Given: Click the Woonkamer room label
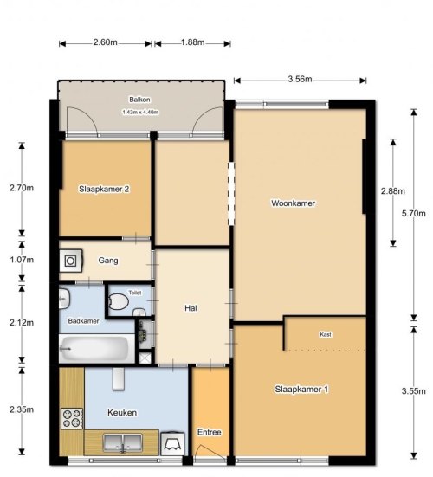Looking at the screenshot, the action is (293, 203).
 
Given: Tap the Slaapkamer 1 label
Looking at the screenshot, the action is (301, 389).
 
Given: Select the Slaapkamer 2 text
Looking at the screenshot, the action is (104, 189).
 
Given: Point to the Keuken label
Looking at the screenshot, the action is (122, 413).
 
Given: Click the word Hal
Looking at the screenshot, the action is (191, 308).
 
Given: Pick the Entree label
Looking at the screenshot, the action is (210, 432).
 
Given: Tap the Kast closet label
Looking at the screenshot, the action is (326, 334).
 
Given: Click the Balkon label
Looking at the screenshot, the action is (139, 100).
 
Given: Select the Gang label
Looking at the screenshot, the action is (108, 261).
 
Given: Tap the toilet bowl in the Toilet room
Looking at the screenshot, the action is (119, 301).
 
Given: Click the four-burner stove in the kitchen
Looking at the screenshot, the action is (72, 418).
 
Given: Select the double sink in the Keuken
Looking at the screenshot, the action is (123, 443).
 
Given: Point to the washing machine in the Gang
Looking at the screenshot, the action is (71, 261).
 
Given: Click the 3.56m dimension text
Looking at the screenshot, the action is (300, 79).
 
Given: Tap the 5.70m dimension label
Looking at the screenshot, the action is (414, 213).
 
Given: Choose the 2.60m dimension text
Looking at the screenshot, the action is (106, 42).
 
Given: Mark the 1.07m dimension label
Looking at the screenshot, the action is (22, 260).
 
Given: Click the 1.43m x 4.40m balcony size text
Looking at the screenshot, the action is (140, 113).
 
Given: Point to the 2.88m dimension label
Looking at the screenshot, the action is (393, 191).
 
